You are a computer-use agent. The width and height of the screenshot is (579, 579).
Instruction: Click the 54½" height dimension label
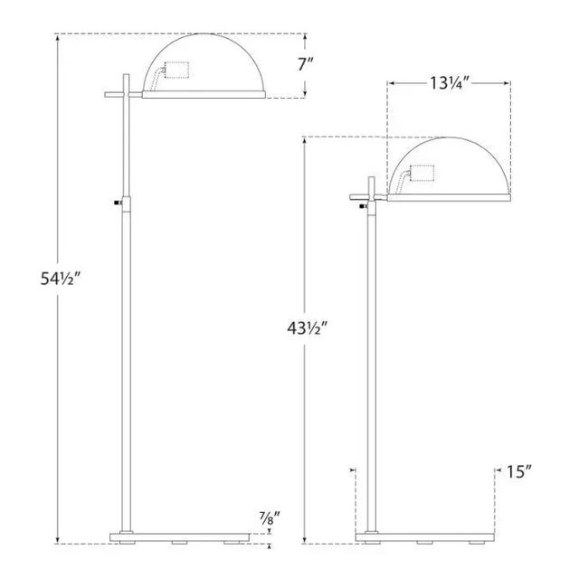[x=61, y=279]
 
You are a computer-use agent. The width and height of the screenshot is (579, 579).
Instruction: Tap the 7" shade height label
[x=306, y=65]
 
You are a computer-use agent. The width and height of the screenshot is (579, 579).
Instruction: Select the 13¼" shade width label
[x=449, y=83]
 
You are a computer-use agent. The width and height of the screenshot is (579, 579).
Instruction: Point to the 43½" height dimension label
[x=308, y=327]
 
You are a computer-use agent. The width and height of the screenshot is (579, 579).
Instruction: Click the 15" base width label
[x=518, y=471]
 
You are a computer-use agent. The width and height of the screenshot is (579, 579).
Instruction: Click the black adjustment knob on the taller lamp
[x=118, y=203]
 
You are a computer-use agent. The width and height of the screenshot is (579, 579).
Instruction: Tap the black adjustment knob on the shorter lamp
[x=364, y=206]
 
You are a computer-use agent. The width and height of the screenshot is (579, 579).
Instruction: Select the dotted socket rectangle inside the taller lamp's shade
[x=176, y=70]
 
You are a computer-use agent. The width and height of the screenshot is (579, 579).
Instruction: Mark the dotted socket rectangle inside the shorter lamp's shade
[x=422, y=173]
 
